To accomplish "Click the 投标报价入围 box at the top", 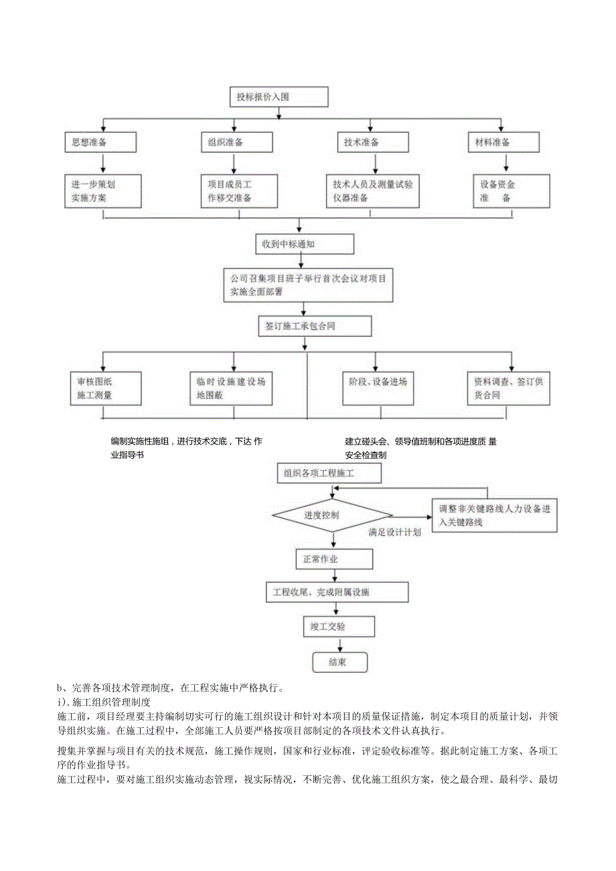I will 279,97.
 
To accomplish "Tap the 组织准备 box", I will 236,142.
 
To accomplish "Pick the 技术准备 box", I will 373,142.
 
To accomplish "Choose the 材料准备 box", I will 504,142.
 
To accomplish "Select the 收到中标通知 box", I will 305,244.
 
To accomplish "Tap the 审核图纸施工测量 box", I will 105,388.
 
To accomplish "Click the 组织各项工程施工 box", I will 329,473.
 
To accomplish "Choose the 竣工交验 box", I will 338,627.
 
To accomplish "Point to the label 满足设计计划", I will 394,532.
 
